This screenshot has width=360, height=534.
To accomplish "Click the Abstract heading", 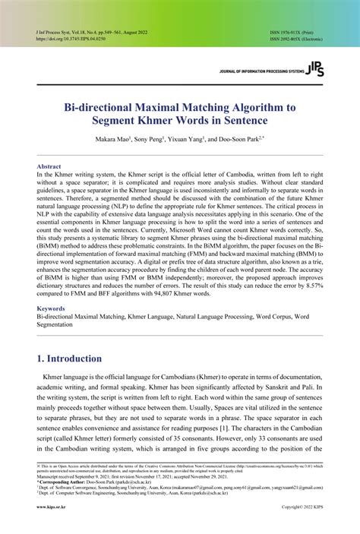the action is pyautogui.click(x=50, y=166).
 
